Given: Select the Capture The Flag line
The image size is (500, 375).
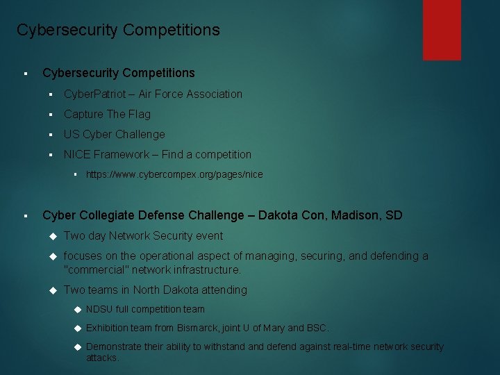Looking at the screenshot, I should click(x=107, y=114).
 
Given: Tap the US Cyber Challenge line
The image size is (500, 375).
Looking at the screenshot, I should click(x=115, y=134).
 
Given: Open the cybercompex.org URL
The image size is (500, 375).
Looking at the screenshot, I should click(x=174, y=174).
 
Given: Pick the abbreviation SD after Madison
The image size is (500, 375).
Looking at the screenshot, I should click(x=394, y=215).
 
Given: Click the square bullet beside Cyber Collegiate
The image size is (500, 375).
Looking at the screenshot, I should click(x=24, y=216).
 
